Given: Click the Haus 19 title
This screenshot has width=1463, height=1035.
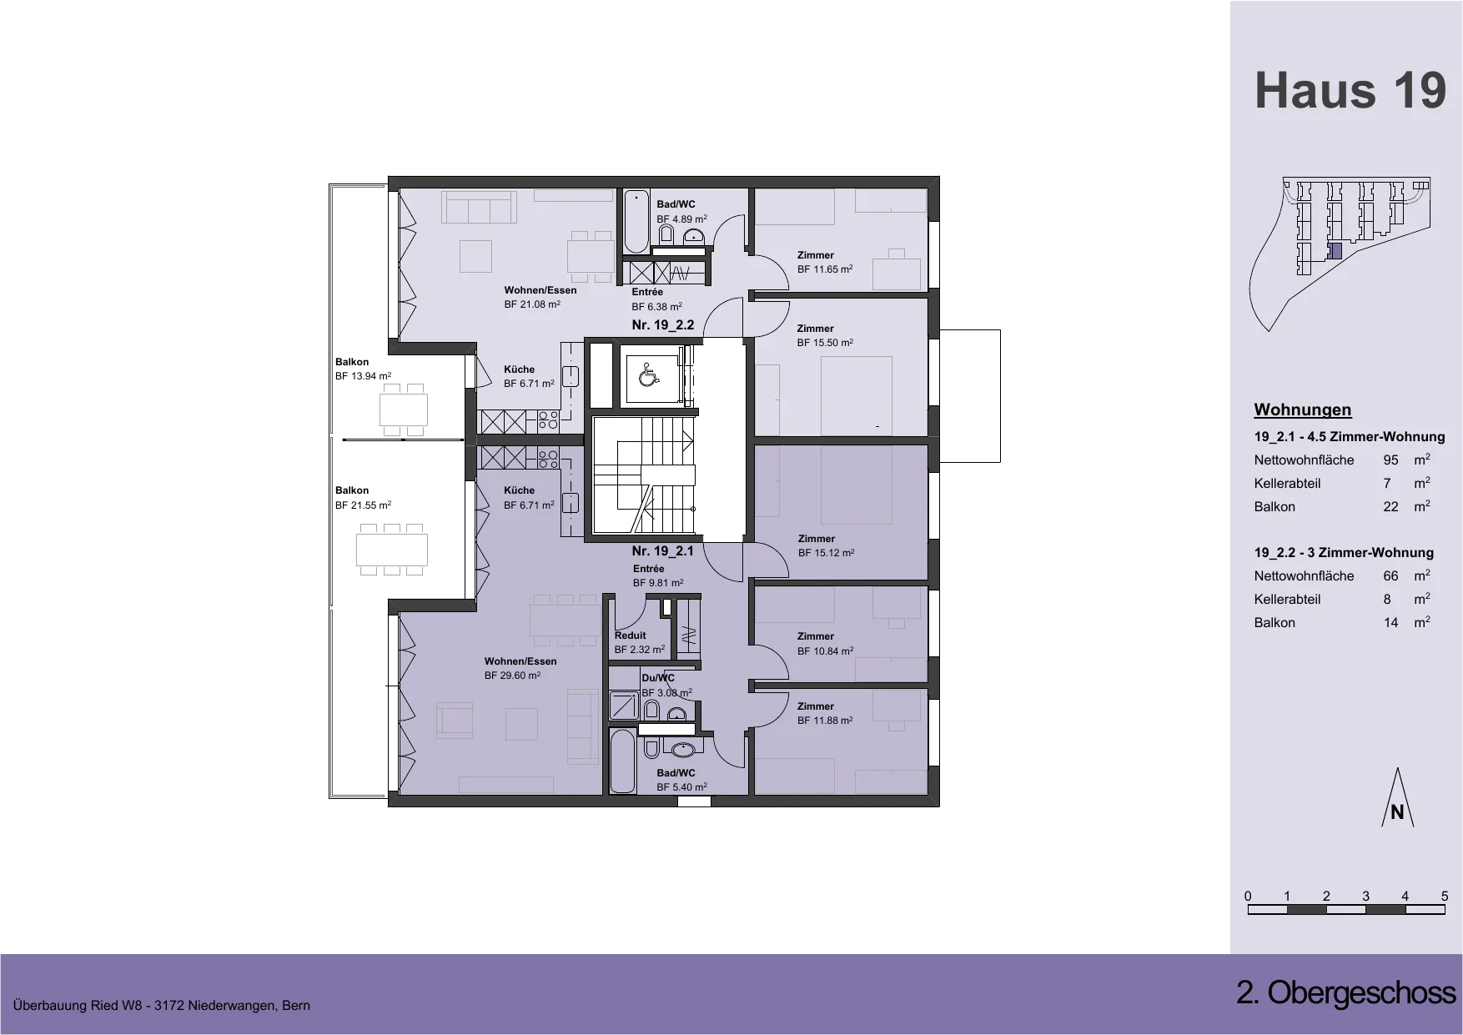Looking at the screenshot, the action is (1350, 91).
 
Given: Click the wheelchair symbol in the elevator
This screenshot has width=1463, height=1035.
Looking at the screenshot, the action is (647, 377).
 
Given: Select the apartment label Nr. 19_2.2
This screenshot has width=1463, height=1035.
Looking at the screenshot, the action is (663, 325).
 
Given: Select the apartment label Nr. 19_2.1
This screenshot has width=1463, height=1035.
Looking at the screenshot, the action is (663, 551).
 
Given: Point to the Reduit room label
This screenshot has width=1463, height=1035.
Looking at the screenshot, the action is (631, 636).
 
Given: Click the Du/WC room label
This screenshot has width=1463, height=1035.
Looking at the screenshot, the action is (658, 678).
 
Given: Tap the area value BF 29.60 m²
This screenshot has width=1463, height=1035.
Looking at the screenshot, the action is (512, 676).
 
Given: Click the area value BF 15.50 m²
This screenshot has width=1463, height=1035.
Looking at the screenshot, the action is (825, 343).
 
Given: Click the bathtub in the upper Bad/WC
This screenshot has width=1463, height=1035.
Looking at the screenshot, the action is (636, 222).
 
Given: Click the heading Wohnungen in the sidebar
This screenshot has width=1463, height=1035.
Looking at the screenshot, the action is (1303, 409).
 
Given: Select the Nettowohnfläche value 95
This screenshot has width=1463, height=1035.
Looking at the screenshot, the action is (1390, 460).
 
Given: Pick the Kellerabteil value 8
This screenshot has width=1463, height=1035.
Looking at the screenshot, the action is (1390, 600).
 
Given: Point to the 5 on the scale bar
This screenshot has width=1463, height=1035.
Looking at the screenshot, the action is (1445, 897).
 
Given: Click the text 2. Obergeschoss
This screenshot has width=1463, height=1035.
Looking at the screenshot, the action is (1346, 993).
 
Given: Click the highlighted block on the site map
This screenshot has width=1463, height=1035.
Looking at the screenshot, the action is (1335, 252).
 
